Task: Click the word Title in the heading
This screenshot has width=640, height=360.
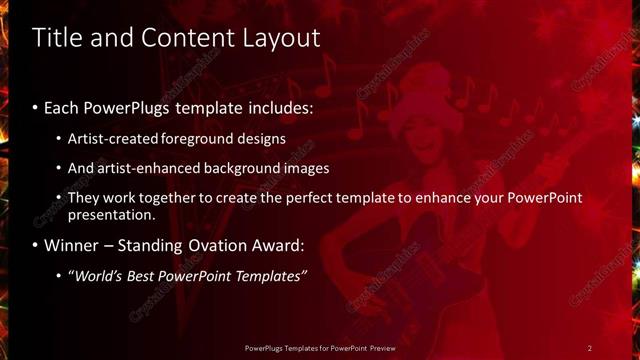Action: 59,38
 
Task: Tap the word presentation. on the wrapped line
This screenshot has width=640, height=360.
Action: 112,215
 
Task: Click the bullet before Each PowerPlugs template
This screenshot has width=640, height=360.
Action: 36,107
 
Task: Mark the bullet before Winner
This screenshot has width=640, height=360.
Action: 36,245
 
